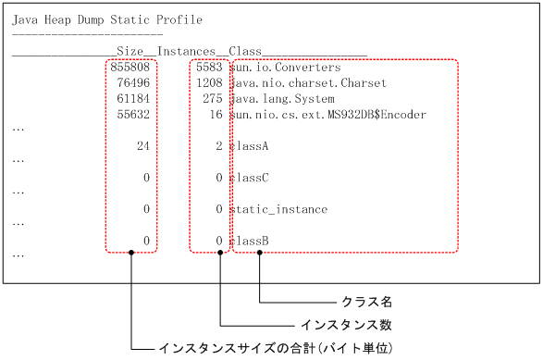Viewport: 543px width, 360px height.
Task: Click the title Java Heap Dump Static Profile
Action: pos(106,20)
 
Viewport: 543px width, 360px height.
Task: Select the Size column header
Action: pos(130,52)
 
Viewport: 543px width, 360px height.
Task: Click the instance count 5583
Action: pos(209,68)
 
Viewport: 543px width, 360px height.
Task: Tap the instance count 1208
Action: pos(209,83)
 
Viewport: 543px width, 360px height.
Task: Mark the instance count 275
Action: pos(212,99)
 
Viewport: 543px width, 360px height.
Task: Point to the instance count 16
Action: pos(216,115)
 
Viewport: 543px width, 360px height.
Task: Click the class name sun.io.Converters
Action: pos(285,68)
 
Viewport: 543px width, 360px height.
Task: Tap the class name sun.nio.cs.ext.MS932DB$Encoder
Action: pos(328,115)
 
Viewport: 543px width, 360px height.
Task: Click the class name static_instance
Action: pos(278,210)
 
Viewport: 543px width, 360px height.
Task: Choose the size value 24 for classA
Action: pos(142,146)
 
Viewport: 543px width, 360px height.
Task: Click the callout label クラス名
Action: pos(367,302)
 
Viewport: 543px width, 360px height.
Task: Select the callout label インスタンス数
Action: pos(347,325)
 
